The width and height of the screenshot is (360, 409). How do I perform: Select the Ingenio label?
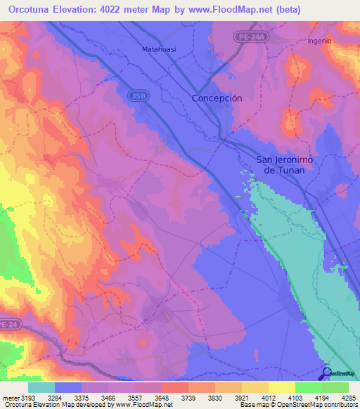click(x=319, y=41)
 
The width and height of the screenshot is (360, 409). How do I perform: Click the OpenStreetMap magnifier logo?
click(x=326, y=373)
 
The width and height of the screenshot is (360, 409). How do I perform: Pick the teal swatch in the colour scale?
click(x=41, y=387)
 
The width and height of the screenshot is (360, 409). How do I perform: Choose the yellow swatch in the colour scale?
click(x=281, y=387)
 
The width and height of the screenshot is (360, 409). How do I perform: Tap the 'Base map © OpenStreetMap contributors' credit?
click(x=298, y=405)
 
